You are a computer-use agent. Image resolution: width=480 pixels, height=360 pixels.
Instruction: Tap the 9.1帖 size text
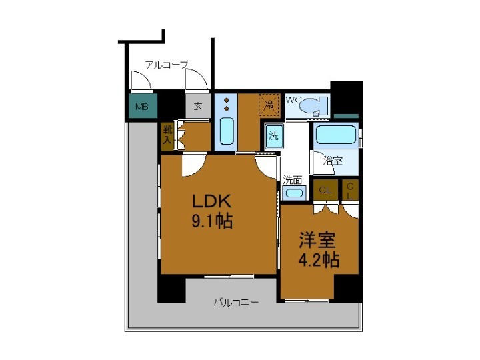point(212,221)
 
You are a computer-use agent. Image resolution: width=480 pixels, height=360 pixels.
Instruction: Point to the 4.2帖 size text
point(318,259)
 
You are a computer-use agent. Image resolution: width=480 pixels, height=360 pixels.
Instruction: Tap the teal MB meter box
point(143,106)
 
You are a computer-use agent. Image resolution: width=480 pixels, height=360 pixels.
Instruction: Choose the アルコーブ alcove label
point(166,65)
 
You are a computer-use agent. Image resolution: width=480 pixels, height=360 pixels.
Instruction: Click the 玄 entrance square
point(198,106)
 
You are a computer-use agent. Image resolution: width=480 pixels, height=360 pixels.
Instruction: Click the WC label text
point(293,100)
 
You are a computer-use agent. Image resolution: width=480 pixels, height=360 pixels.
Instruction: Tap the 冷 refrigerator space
point(267,105)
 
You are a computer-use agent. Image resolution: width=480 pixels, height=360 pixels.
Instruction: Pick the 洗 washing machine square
point(273,135)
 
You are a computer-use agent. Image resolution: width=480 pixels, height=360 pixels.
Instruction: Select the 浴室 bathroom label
point(333,160)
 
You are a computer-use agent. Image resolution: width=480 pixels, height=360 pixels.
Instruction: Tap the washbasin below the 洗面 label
point(293,193)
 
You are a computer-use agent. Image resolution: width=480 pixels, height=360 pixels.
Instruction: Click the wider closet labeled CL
point(325,190)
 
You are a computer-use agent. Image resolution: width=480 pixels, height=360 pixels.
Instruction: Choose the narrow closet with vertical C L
point(349,190)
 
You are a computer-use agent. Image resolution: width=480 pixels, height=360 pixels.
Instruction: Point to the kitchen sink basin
point(227,131)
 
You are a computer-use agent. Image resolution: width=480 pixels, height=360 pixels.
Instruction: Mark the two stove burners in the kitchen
point(226,104)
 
